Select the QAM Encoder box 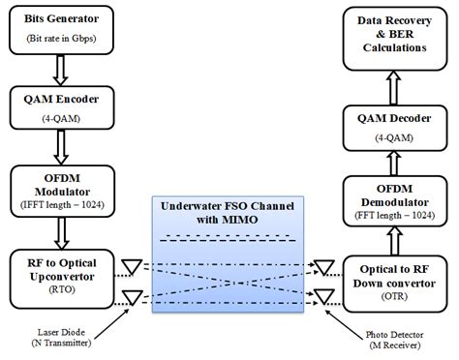(x=61, y=105)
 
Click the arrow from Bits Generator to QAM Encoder (x=61, y=68)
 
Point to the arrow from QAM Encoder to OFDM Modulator (x=61, y=147)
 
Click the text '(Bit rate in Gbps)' (x=61, y=41)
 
